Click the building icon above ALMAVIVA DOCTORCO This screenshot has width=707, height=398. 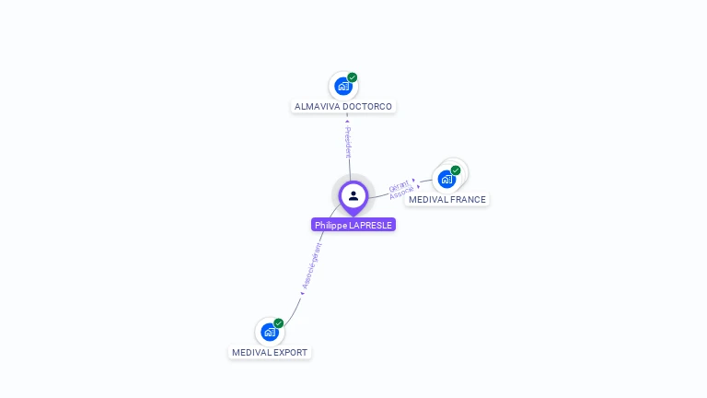(342, 87)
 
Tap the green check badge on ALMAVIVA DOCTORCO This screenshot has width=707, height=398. (353, 77)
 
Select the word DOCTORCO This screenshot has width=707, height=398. (367, 107)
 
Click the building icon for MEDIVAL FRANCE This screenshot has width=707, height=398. (446, 179)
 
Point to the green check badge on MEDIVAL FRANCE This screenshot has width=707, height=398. (456, 170)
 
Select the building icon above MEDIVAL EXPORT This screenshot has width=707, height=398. (269, 332)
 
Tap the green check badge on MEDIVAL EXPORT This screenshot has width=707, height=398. (279, 323)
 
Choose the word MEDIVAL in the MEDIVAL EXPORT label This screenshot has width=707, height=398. (250, 353)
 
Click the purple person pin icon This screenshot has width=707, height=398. (353, 196)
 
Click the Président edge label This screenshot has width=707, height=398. (348, 140)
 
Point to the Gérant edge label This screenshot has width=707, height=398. (399, 185)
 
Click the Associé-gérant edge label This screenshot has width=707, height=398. (311, 267)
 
